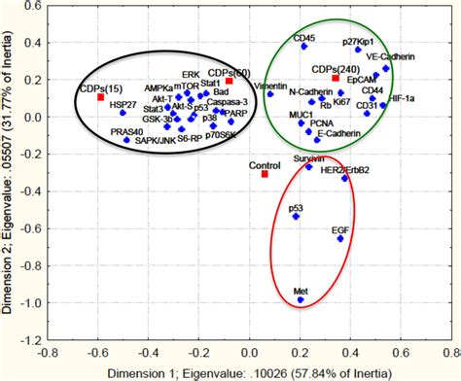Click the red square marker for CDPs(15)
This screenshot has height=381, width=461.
coord(100,97)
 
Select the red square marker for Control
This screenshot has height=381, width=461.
coord(265,174)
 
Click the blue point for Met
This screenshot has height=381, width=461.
coord(301,299)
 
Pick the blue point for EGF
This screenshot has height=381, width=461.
coord(340,238)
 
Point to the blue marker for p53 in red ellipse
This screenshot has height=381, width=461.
coord(297,216)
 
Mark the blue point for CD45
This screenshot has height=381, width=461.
coord(303,47)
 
